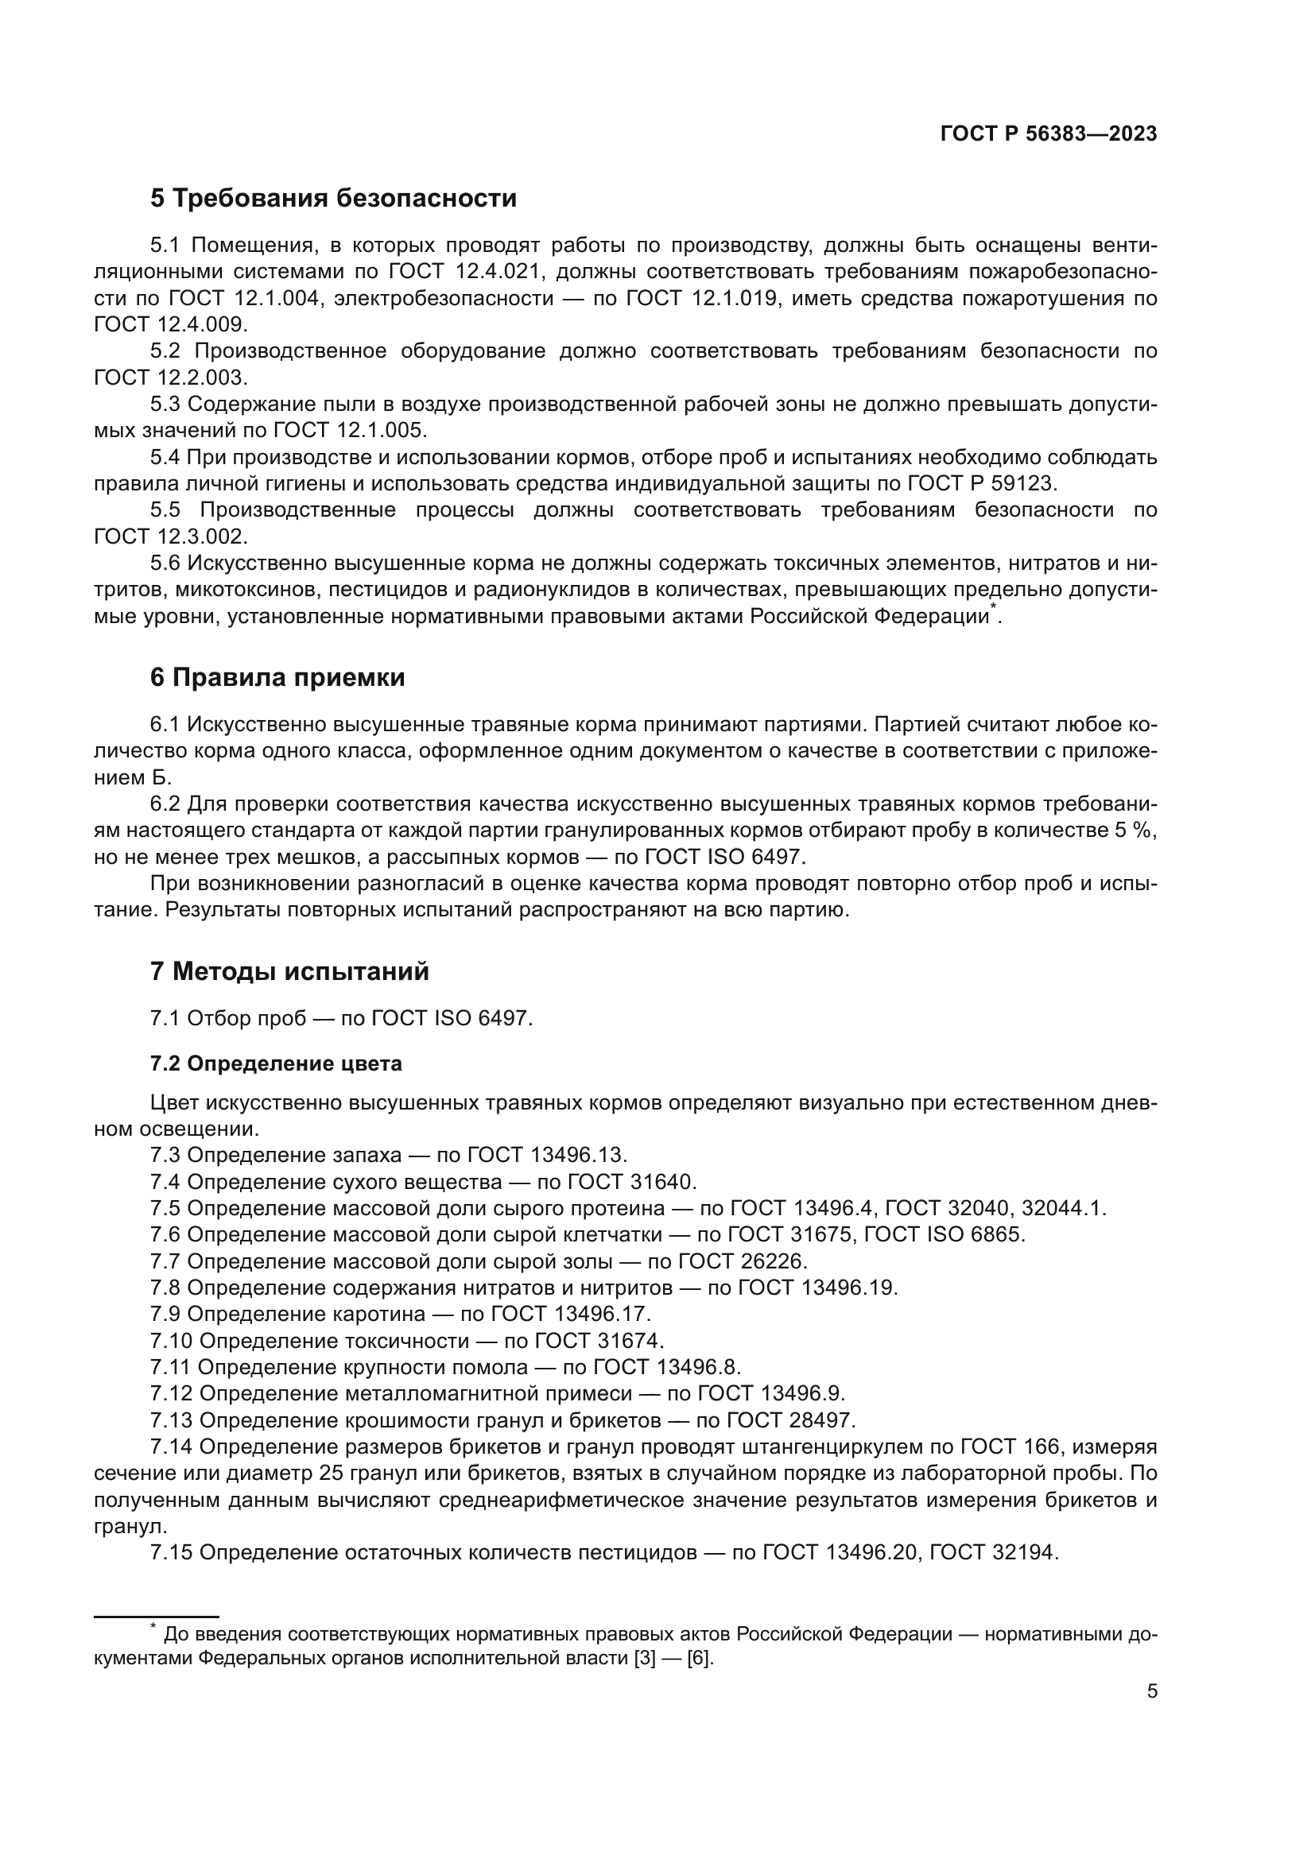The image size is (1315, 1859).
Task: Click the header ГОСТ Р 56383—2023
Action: [1048, 134]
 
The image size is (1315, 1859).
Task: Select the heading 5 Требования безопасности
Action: [333, 199]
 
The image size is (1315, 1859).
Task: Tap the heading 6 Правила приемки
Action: [277, 677]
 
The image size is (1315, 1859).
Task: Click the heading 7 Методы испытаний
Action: [289, 970]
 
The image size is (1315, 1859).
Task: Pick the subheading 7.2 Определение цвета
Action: [275, 1063]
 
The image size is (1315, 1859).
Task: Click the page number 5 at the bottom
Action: [1151, 1691]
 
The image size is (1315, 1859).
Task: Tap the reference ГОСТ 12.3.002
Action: [169, 536]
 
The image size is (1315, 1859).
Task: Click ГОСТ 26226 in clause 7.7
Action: [742, 1261]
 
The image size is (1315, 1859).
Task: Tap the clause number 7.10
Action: [171, 1340]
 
